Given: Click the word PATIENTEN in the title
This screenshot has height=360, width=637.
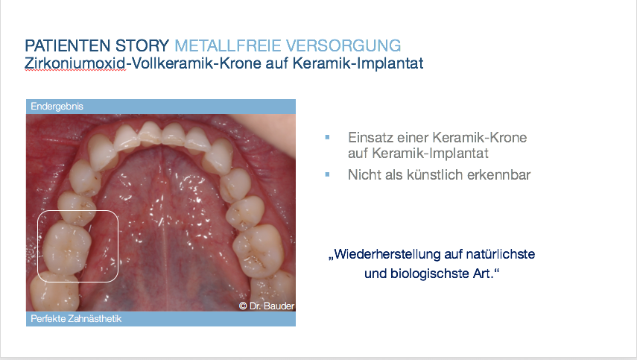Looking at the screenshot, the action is tap(68, 45).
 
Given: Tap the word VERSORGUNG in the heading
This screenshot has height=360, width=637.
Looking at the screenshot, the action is tap(343, 45).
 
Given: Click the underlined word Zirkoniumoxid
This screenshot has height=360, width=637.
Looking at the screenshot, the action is tap(75, 63).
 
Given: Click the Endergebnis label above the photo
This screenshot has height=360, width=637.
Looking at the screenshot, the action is tap(57, 107).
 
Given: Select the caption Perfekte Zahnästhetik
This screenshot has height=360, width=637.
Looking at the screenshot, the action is tap(76, 318).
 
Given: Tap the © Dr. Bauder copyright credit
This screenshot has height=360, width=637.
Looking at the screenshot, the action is tap(267, 306).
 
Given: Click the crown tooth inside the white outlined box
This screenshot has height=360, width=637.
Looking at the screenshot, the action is tap(66, 248).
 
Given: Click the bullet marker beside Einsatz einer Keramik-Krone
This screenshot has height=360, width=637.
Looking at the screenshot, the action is tap(327, 137).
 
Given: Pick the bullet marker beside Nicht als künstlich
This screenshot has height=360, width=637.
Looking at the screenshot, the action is tap(327, 174).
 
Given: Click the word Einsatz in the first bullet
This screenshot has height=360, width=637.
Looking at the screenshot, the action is tap(370, 137).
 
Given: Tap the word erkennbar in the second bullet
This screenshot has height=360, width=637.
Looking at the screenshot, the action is tap(499, 174).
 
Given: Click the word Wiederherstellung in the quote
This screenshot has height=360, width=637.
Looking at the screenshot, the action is tap(387, 254).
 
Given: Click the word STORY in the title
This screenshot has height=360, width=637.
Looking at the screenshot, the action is tap(142, 45).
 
